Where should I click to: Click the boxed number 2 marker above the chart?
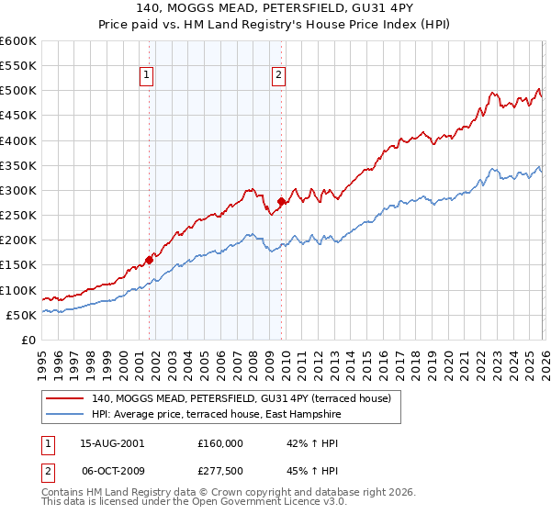pyautogui.click(x=279, y=76)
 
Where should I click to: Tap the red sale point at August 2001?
pyautogui.click(x=149, y=260)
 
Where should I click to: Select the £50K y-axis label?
pyautogui.click(x=20, y=315)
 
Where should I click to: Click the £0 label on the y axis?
pyautogui.click(x=28, y=340)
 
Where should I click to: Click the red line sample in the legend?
pyautogui.click(x=66, y=398)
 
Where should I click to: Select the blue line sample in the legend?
pyautogui.click(x=66, y=414)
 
